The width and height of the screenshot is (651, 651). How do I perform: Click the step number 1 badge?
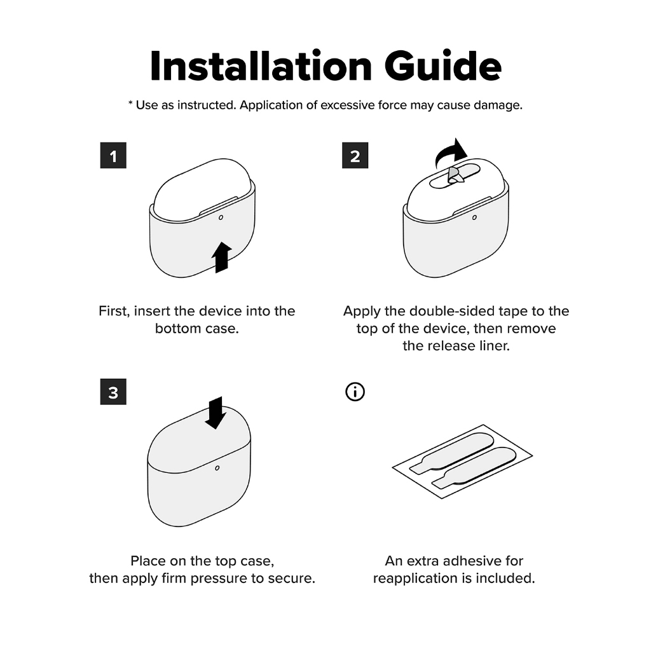click(113, 155)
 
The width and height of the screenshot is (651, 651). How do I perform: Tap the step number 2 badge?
click(355, 155)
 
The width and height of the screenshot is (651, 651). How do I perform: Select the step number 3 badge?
click(113, 392)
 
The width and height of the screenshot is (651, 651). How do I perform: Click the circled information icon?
click(355, 392)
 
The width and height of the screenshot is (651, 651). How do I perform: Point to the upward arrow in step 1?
click(221, 257)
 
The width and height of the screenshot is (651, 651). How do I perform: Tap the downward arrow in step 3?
click(216, 413)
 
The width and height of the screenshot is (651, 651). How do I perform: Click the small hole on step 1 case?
click(221, 217)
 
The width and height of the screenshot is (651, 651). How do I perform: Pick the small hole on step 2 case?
click(474, 217)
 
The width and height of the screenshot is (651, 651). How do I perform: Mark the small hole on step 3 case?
click(217, 468)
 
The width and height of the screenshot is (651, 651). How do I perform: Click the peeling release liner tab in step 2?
click(456, 176)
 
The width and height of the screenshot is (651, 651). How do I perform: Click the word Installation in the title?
click(261, 66)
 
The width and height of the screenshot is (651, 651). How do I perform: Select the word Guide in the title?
click(443, 66)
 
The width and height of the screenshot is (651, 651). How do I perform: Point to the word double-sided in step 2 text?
click(452, 311)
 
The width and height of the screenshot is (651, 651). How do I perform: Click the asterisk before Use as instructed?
click(130, 103)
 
